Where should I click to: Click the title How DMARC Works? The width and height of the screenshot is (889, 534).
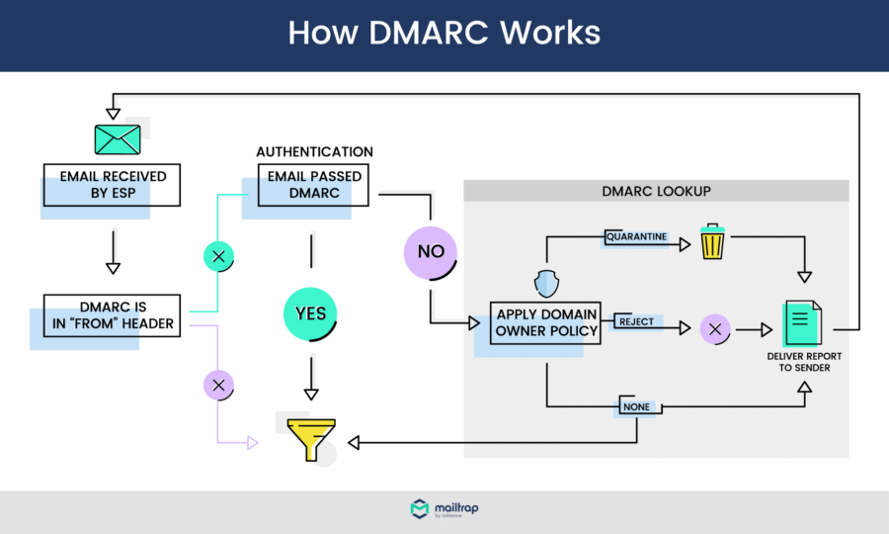pyautogui.click(x=444, y=33)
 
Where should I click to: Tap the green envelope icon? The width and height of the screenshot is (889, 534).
pyautogui.click(x=118, y=138)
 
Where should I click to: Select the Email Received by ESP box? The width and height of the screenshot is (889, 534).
pyautogui.click(x=113, y=185)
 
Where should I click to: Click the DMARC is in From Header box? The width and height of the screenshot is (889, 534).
pyautogui.click(x=113, y=314)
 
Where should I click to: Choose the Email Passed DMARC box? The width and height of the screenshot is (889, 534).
pyautogui.click(x=314, y=185)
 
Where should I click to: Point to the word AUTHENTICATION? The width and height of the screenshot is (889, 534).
pyautogui.click(x=314, y=152)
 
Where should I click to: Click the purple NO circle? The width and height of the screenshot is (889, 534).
pyautogui.click(x=431, y=251)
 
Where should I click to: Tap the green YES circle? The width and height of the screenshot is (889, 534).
pyautogui.click(x=311, y=314)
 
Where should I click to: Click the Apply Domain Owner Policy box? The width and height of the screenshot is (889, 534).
pyautogui.click(x=546, y=322)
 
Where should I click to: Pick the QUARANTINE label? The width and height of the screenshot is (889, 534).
pyautogui.click(x=636, y=237)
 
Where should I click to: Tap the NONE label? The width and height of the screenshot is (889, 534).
pyautogui.click(x=635, y=406)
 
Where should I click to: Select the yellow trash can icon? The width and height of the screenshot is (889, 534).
pyautogui.click(x=711, y=241)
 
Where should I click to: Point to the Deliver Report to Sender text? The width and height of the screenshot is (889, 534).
pyautogui.click(x=801, y=361)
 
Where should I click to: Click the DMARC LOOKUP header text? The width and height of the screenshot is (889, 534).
pyautogui.click(x=656, y=191)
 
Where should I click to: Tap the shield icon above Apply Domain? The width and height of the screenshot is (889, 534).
pyautogui.click(x=546, y=284)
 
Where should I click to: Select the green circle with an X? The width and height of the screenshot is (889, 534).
pyautogui.click(x=218, y=257)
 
